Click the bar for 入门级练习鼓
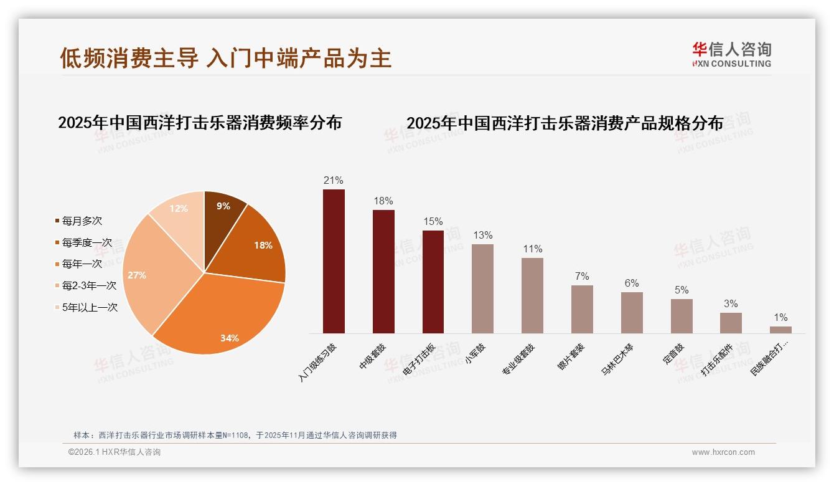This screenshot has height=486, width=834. pyautogui.click(x=334, y=262)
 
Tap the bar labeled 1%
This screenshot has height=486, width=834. pyautogui.click(x=780, y=330)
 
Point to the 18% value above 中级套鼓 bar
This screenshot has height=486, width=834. pyautogui.click(x=383, y=201)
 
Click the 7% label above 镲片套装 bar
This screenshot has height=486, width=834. pyautogui.click(x=582, y=276)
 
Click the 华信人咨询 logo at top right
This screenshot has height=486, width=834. pyautogui.click(x=731, y=54)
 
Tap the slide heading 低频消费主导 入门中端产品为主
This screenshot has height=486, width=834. pyautogui.click(x=225, y=58)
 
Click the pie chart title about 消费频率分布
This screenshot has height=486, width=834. pyautogui.click(x=200, y=122)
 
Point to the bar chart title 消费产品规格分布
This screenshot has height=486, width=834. pyautogui.click(x=565, y=123)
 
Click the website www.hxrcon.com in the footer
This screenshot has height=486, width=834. pyautogui.click(x=723, y=452)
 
